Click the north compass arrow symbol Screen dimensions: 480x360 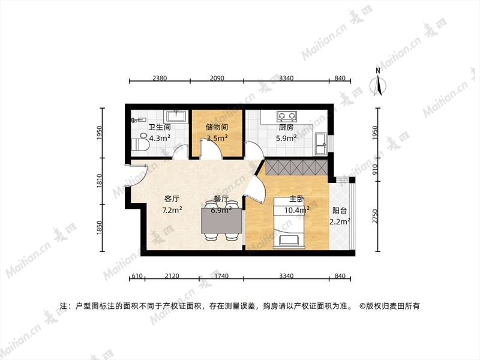(x=378, y=82)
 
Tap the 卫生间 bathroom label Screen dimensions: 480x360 (x=160, y=127)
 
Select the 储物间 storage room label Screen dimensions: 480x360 (x=217, y=127)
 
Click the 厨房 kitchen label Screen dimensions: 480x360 (x=286, y=127)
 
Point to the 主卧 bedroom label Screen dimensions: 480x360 (x=296, y=199)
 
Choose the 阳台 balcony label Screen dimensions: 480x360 (x=340, y=211)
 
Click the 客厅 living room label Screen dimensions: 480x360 (x=172, y=199)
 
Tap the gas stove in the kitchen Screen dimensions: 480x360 (x=287, y=116)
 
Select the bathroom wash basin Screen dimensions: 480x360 (x=176, y=116)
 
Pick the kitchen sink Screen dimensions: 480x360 (x=320, y=144)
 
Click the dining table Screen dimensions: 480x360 (x=221, y=220)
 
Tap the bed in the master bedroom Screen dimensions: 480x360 (x=289, y=222)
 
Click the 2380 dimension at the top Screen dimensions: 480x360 (x=160, y=78)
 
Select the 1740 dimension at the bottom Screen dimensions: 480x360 (x=221, y=276)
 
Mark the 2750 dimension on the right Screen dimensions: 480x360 (x=376, y=216)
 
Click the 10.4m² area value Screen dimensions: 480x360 (x=296, y=211)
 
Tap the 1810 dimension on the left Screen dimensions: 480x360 (x=99, y=181)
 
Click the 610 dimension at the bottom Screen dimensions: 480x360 (x=137, y=276)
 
